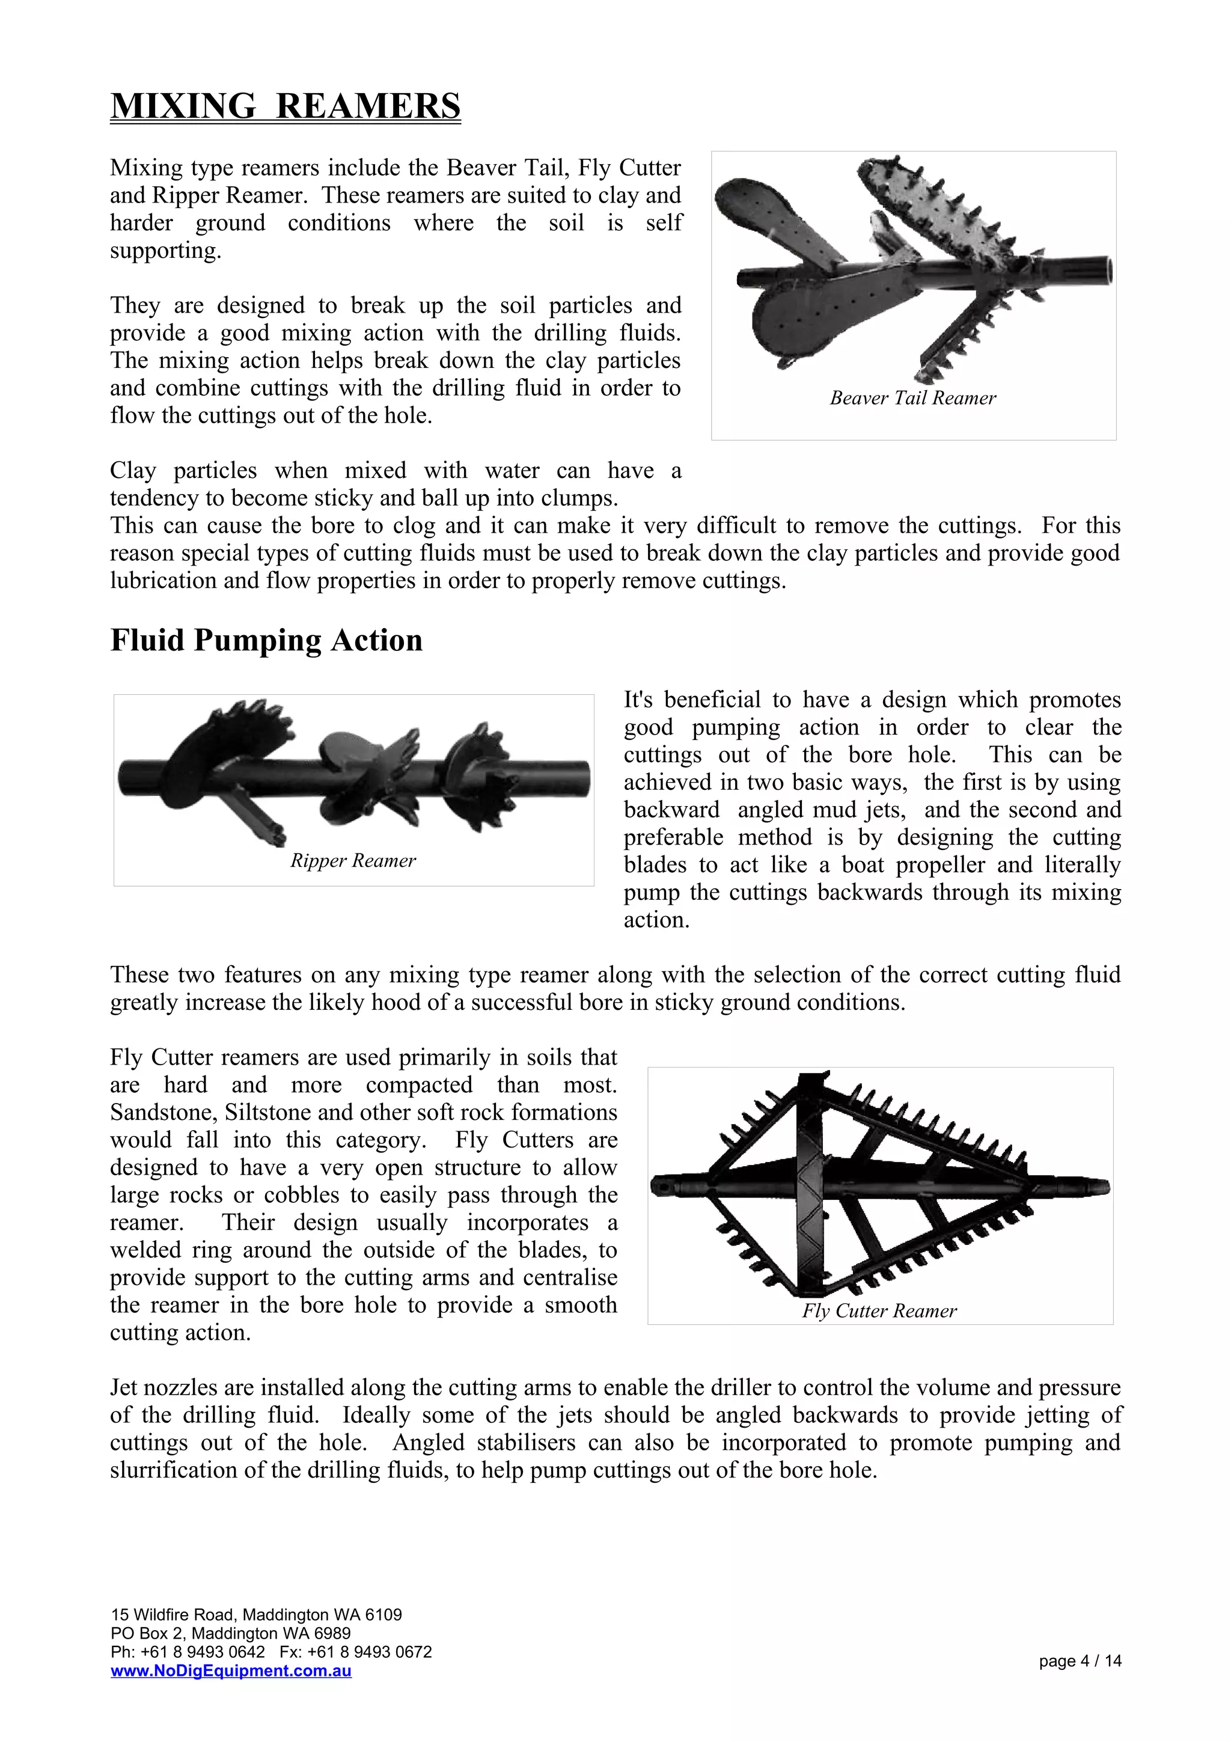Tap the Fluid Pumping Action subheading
coord(266,640)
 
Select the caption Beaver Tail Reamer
coord(912,399)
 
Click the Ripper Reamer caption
coord(353,860)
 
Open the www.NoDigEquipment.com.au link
coord(231,1670)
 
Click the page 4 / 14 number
coord(1080,1661)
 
